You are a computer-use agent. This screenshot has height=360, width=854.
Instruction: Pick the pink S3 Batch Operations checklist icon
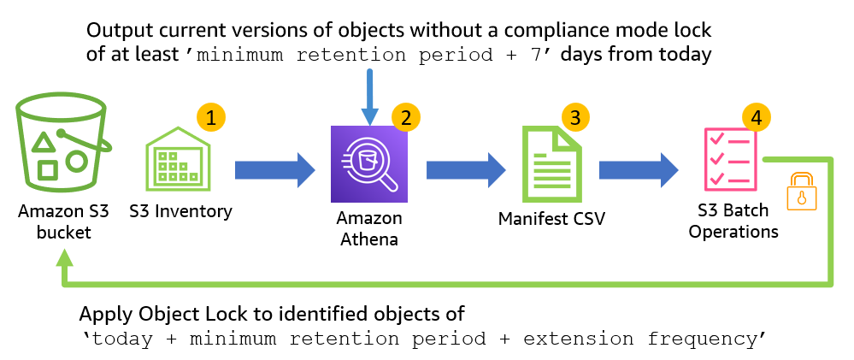(727, 159)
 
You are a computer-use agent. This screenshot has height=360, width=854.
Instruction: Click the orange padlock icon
(802, 191)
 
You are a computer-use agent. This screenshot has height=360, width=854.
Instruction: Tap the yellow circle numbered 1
(210, 117)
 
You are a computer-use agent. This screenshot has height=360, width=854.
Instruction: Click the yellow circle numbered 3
(575, 117)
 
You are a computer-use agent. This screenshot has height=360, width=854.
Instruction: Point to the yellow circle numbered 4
(756, 117)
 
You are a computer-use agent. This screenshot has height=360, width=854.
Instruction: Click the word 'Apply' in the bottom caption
(105, 312)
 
